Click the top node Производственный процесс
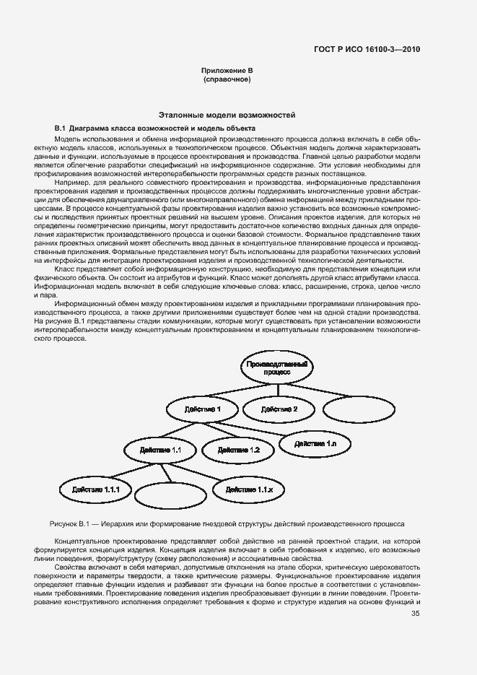[278, 367]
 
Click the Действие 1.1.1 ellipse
[95, 489]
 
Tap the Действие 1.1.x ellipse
[250, 489]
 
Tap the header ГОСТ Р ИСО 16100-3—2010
[367, 50]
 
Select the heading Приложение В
[227, 71]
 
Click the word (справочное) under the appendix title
[227, 79]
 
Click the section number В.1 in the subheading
[60, 127]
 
